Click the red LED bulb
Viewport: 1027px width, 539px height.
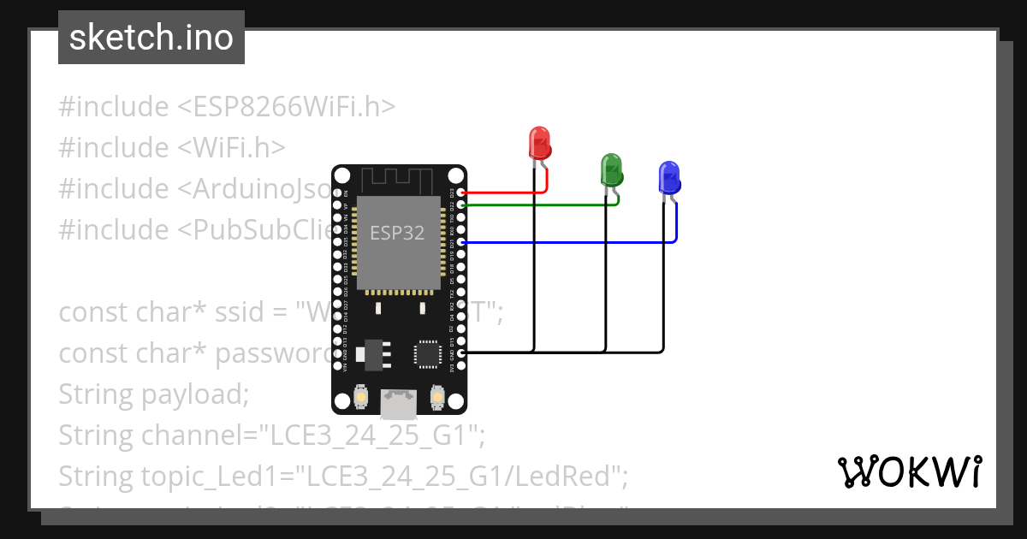click(539, 142)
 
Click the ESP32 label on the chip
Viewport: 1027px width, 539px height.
click(397, 233)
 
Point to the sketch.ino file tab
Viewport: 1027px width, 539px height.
click(151, 38)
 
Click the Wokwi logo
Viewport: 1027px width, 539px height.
click(909, 471)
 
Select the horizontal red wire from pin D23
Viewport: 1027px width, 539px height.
click(505, 192)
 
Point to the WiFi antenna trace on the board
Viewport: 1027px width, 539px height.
click(399, 180)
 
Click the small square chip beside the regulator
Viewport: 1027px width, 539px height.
click(427, 353)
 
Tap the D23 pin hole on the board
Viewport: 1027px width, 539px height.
click(462, 193)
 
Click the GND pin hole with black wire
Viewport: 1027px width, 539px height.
click(462, 352)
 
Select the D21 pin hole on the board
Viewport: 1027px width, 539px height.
click(462, 243)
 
